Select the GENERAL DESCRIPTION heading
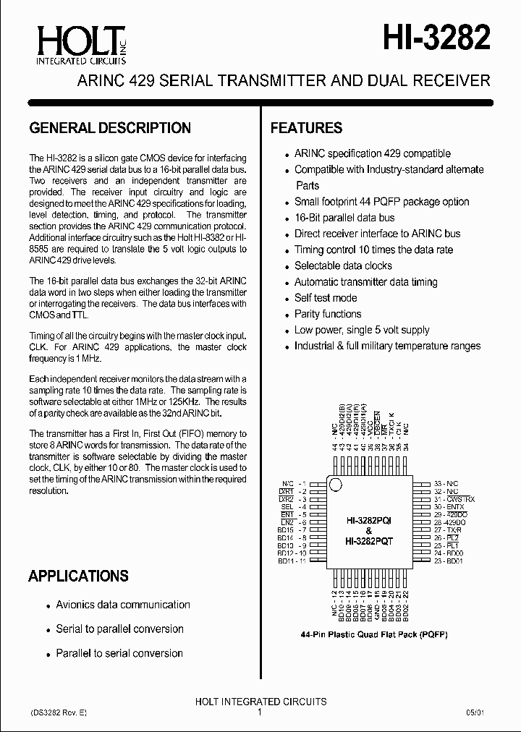click(x=110, y=128)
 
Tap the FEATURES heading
click(x=306, y=128)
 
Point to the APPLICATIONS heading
click(x=78, y=576)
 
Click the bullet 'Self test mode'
click(x=325, y=298)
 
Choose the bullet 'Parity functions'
click(x=327, y=314)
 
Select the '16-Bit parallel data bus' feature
click(x=344, y=218)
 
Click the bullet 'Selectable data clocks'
click(x=343, y=265)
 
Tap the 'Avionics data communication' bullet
click(x=123, y=605)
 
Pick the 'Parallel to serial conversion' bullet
click(x=119, y=653)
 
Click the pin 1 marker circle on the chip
click(x=335, y=485)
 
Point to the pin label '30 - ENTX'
click(x=449, y=507)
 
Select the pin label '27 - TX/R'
click(x=449, y=530)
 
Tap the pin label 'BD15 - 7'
click(x=293, y=530)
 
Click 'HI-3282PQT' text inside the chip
click(x=369, y=540)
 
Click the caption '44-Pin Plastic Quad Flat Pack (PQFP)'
click(x=374, y=634)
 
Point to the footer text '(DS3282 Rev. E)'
click(x=58, y=712)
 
